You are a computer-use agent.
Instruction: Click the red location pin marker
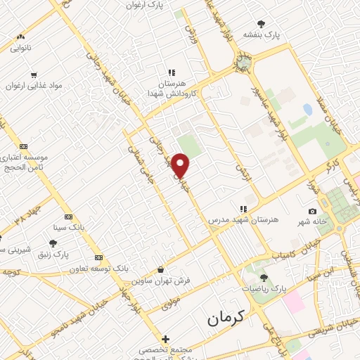click(x=181, y=165)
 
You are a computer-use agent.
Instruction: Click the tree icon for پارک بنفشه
click(x=262, y=23)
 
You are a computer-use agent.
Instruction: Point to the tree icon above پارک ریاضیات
click(x=264, y=278)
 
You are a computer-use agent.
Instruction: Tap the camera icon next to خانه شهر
click(x=312, y=212)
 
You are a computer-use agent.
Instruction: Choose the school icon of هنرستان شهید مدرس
click(x=243, y=209)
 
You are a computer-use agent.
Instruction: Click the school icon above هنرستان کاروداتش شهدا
click(x=170, y=72)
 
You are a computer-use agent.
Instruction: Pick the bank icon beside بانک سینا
click(x=68, y=217)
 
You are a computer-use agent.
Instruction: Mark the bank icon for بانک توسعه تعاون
click(x=98, y=257)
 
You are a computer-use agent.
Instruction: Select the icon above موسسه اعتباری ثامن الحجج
click(x=24, y=146)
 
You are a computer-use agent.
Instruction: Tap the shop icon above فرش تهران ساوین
click(x=161, y=269)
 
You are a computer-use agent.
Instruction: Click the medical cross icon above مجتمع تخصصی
click(x=165, y=339)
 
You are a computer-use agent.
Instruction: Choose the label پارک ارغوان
click(x=150, y=5)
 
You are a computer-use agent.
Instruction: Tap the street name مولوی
click(x=171, y=304)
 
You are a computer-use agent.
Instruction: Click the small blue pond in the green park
click(x=307, y=110)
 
